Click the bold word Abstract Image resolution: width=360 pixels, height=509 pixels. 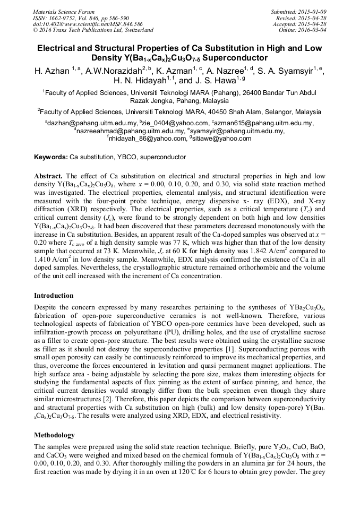48,175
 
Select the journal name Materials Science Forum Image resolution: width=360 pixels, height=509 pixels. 64,11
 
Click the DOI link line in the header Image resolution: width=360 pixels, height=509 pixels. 88,24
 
